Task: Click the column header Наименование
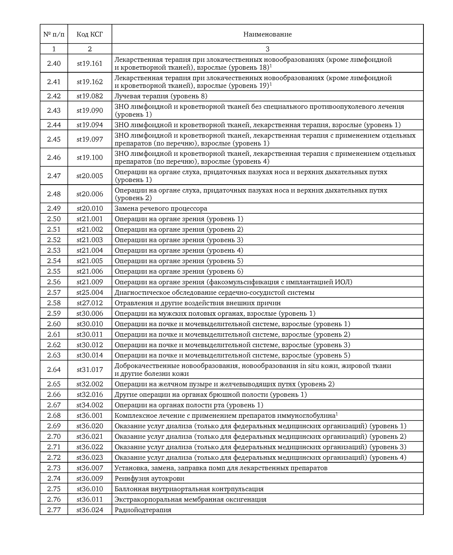click(267, 34)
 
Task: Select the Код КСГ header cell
click(89, 34)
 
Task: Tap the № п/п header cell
click(54, 34)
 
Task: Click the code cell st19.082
click(89, 96)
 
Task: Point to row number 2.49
click(54, 209)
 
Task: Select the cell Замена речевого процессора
click(161, 209)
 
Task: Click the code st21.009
click(89, 282)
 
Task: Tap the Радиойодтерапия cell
click(143, 510)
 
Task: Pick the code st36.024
click(89, 510)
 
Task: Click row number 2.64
click(54, 370)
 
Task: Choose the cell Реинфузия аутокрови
click(149, 478)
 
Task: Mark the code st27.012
click(89, 303)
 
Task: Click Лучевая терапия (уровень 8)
click(161, 96)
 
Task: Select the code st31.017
click(89, 370)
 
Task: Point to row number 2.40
click(54, 63)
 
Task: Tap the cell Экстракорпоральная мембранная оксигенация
click(190, 499)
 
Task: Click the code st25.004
click(89, 292)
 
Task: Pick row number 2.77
click(54, 510)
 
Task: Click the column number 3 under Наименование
click(267, 49)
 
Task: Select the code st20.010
click(89, 209)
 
